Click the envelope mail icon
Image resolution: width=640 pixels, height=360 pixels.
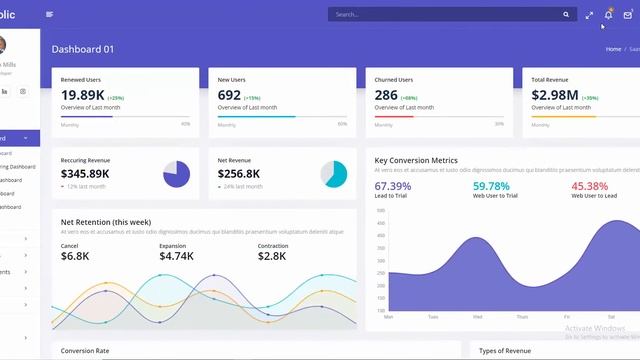coord(627,15)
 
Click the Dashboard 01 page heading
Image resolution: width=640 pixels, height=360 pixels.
coord(83,49)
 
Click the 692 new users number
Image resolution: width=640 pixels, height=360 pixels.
coord(229,95)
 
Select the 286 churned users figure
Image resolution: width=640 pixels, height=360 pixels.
coord(386,95)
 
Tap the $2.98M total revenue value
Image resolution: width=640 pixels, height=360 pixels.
coord(555,95)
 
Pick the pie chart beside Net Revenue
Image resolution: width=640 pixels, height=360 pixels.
coord(334,174)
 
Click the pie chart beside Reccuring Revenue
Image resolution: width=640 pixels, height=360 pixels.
coord(176,174)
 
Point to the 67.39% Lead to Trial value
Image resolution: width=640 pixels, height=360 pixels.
coord(392,186)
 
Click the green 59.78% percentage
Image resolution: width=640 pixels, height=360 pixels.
coord(491,186)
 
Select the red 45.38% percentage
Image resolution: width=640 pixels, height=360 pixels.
coord(589,186)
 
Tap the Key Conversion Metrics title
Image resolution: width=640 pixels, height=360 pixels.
coord(416,160)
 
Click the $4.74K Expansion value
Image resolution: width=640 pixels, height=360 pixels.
coord(176,256)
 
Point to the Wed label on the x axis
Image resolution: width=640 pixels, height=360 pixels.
coord(478,316)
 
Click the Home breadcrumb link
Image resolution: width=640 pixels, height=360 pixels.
coord(613,49)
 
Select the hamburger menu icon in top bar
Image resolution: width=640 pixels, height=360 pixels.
coord(50,14)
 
